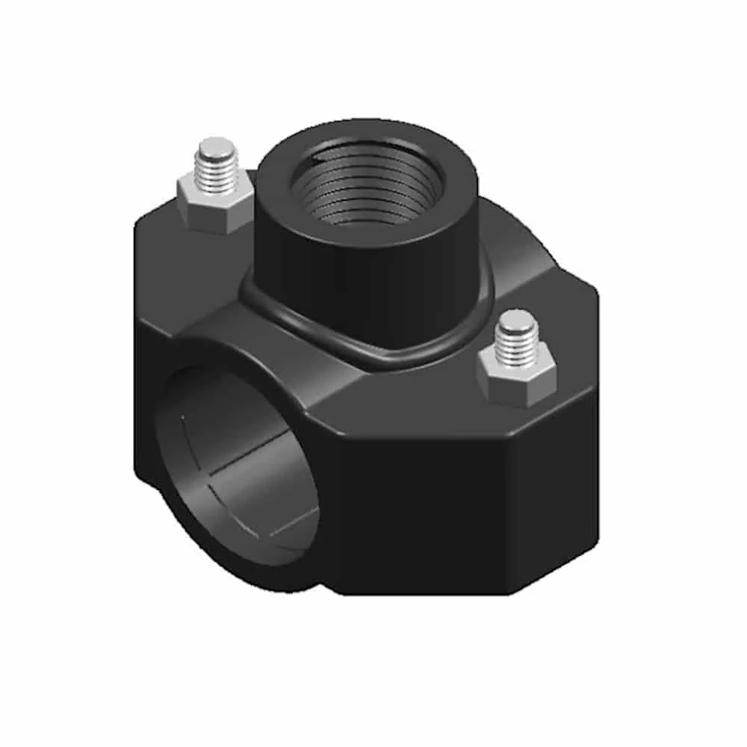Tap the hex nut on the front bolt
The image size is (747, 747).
pyautogui.click(x=516, y=377)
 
